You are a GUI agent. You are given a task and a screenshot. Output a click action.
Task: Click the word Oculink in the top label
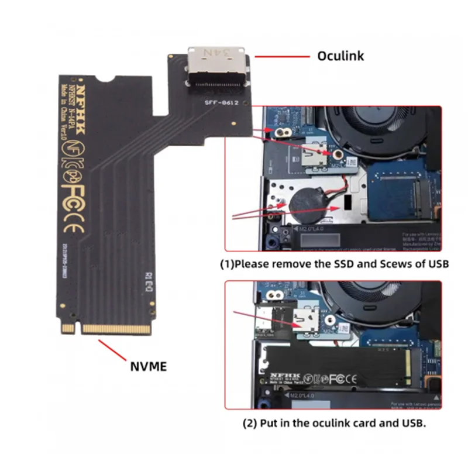(340, 56)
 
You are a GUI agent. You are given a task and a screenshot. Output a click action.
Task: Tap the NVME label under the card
(148, 367)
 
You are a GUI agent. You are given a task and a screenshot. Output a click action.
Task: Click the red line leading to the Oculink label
(281, 57)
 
